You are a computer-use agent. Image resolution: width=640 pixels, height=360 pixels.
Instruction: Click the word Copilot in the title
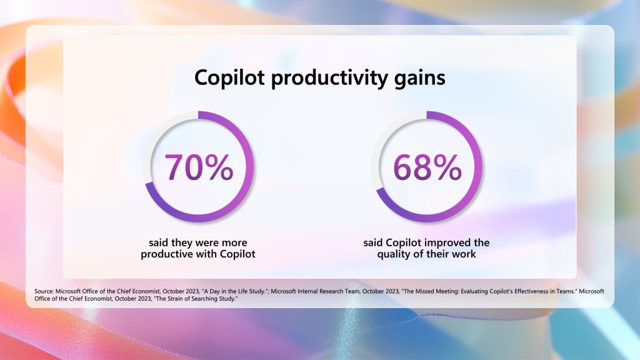pyautogui.click(x=229, y=77)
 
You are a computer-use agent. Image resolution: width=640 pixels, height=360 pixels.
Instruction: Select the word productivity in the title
pyautogui.click(x=329, y=78)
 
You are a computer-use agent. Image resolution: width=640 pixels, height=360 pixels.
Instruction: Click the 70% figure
pyautogui.click(x=199, y=167)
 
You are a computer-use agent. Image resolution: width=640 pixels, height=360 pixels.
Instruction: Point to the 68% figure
pyautogui.click(x=427, y=167)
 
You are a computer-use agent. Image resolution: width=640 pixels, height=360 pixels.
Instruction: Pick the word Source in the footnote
pyautogui.click(x=44, y=291)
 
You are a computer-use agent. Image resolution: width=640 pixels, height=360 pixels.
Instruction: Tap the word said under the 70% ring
pyautogui.click(x=158, y=243)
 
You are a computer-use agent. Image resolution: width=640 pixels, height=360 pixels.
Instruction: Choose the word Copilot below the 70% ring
pyautogui.click(x=237, y=254)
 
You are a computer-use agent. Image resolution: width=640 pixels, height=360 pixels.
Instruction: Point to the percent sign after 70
pyautogui.click(x=219, y=167)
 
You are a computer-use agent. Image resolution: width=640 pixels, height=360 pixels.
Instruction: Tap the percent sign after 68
pyautogui.click(x=447, y=167)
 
